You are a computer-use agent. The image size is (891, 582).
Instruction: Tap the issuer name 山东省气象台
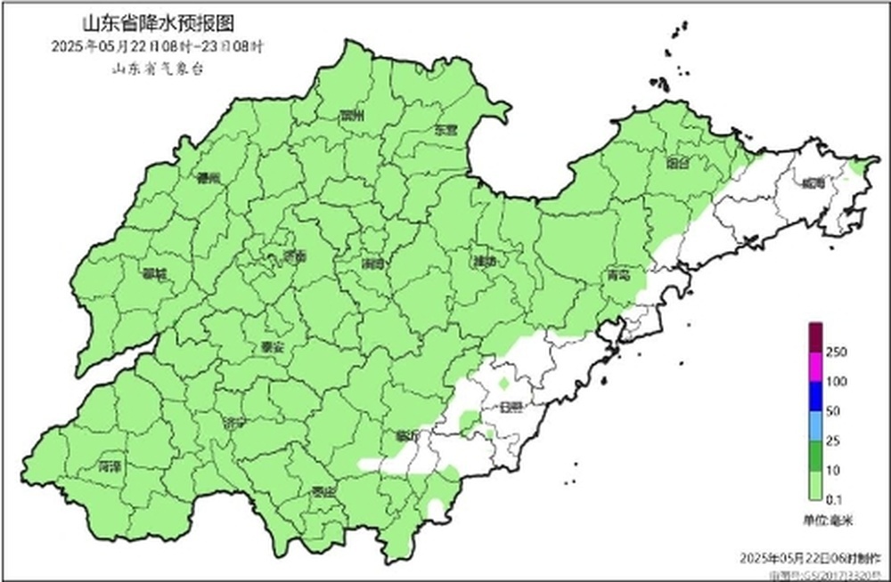(x=158, y=69)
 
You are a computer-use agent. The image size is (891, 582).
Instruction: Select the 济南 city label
(x=295, y=256)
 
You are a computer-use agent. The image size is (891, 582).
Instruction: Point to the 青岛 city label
(x=619, y=275)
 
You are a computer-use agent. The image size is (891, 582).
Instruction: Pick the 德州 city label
(x=208, y=178)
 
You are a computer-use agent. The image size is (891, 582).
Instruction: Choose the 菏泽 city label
(x=110, y=466)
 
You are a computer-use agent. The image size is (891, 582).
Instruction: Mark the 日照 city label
(x=511, y=407)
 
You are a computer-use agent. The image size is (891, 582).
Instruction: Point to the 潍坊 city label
(x=486, y=262)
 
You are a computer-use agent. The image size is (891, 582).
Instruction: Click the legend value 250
(x=837, y=352)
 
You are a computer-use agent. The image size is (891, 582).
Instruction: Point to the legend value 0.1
(x=836, y=498)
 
